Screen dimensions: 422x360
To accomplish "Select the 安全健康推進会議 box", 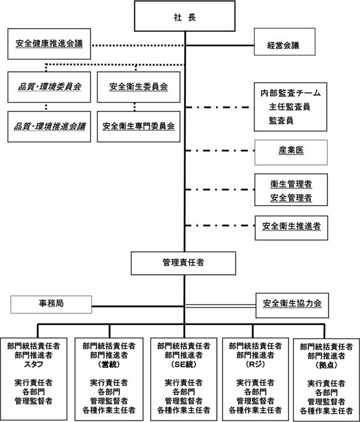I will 49,44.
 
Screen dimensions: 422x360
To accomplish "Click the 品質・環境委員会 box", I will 49,87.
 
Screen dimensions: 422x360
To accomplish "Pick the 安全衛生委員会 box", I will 139,87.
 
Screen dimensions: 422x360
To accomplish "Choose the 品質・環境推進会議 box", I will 49,126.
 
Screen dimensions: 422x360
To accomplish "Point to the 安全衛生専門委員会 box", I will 139,126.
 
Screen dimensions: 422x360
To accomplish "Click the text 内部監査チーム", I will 290,94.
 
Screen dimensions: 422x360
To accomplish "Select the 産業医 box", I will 290,151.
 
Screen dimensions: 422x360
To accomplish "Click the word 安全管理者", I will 290,198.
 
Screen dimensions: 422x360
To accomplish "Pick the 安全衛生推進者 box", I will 290,227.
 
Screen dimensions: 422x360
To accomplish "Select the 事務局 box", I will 51,304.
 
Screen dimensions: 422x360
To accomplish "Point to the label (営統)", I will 108,364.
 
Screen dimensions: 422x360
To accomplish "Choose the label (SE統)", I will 183,364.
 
